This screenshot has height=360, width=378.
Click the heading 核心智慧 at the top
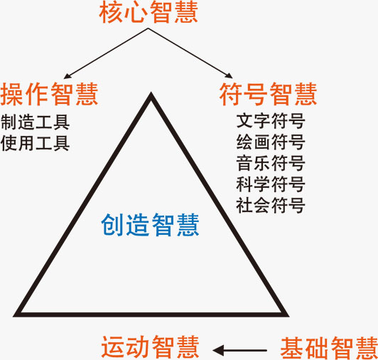(x=148, y=13)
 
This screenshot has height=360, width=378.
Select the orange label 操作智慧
(x=49, y=94)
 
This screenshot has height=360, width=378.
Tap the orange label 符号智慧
(x=268, y=94)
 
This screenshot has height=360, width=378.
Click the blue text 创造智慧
(x=150, y=225)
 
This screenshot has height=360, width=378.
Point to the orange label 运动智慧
(x=150, y=347)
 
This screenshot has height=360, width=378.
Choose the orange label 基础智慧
(x=329, y=348)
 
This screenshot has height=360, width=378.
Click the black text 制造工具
(x=36, y=122)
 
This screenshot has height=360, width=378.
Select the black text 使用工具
(x=36, y=143)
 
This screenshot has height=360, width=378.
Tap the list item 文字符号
(x=271, y=121)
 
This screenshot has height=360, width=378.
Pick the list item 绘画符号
(x=271, y=142)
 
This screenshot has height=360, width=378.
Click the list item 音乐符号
(x=271, y=163)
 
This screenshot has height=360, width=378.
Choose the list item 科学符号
(x=271, y=184)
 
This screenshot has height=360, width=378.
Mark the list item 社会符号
(x=271, y=205)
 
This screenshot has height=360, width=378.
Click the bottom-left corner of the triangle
(x=14, y=316)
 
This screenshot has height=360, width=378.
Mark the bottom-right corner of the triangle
(x=288, y=316)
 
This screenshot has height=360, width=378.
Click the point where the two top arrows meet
(x=148, y=28)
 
